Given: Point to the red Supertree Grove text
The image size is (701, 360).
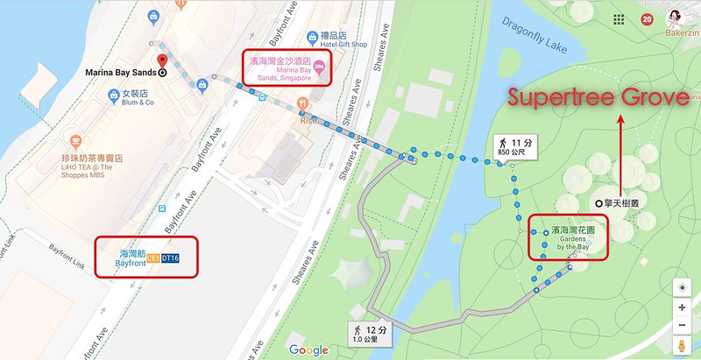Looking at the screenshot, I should (x=598, y=99).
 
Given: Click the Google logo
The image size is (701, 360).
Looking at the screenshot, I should (x=308, y=350).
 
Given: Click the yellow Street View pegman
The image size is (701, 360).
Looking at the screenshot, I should (x=682, y=346).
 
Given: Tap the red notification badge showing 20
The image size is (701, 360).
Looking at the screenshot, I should (x=648, y=19).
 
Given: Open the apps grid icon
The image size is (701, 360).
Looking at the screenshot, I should (x=619, y=19).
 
